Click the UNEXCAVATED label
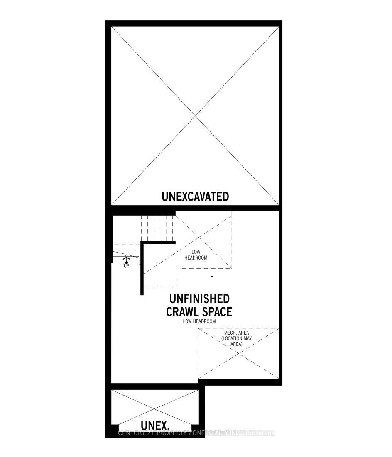(195, 196)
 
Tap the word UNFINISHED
(199, 299)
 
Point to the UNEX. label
(155, 425)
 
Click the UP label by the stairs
(126, 266)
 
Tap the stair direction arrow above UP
(126, 259)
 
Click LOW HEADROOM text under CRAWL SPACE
(199, 321)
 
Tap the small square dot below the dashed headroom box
(212, 276)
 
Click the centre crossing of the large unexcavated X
(196, 116)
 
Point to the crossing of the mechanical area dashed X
(239, 353)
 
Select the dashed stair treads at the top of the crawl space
(157, 226)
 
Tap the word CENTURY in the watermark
(132, 433)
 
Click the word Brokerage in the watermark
(260, 433)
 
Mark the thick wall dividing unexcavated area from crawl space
(195, 209)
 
